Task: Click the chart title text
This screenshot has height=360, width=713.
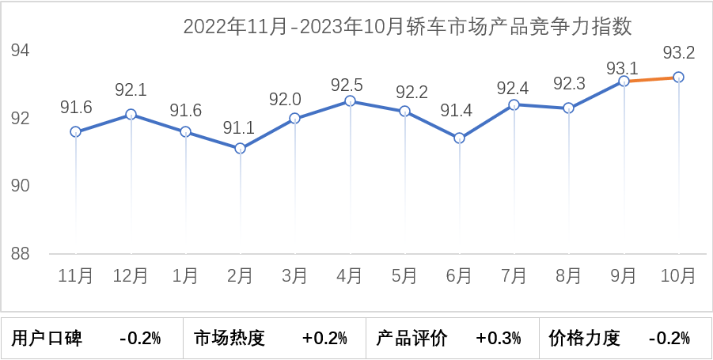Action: (408, 27)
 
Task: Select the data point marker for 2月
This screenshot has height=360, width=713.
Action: (241, 148)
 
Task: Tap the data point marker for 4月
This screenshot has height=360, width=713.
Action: (350, 101)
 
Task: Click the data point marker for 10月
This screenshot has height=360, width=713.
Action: (678, 77)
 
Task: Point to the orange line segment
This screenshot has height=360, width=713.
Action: (651, 79)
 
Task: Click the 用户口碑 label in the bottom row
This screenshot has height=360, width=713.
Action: (47, 339)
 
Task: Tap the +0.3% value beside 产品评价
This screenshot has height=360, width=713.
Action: (499, 339)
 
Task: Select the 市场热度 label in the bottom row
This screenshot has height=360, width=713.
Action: (229, 339)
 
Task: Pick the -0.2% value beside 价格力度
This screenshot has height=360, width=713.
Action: (669, 339)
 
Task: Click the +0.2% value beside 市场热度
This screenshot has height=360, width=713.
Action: (324, 339)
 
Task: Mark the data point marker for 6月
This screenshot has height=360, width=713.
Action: (459, 138)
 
